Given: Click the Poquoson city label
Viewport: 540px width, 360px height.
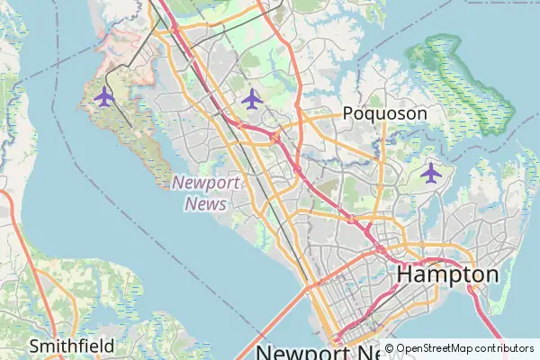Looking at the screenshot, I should tap(384, 113).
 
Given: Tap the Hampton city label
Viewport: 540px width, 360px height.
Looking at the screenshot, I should tap(447, 274).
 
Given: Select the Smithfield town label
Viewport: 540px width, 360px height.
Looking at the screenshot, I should tap(71, 346).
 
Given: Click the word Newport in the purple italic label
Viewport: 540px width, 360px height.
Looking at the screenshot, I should tap(206, 183).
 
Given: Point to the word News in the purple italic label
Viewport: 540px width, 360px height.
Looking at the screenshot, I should tap(205, 203).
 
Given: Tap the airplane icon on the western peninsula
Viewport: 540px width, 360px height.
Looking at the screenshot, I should tap(103, 96).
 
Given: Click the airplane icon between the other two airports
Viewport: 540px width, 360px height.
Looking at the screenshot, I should tap(251, 98).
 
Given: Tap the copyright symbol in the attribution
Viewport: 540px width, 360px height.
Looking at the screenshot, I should tap(389, 347).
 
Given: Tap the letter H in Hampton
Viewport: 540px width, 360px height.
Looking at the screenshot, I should tap(406, 274).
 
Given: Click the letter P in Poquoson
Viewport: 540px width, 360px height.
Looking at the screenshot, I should tap(348, 113).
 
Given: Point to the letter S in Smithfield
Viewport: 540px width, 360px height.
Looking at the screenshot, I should tap(34, 346).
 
